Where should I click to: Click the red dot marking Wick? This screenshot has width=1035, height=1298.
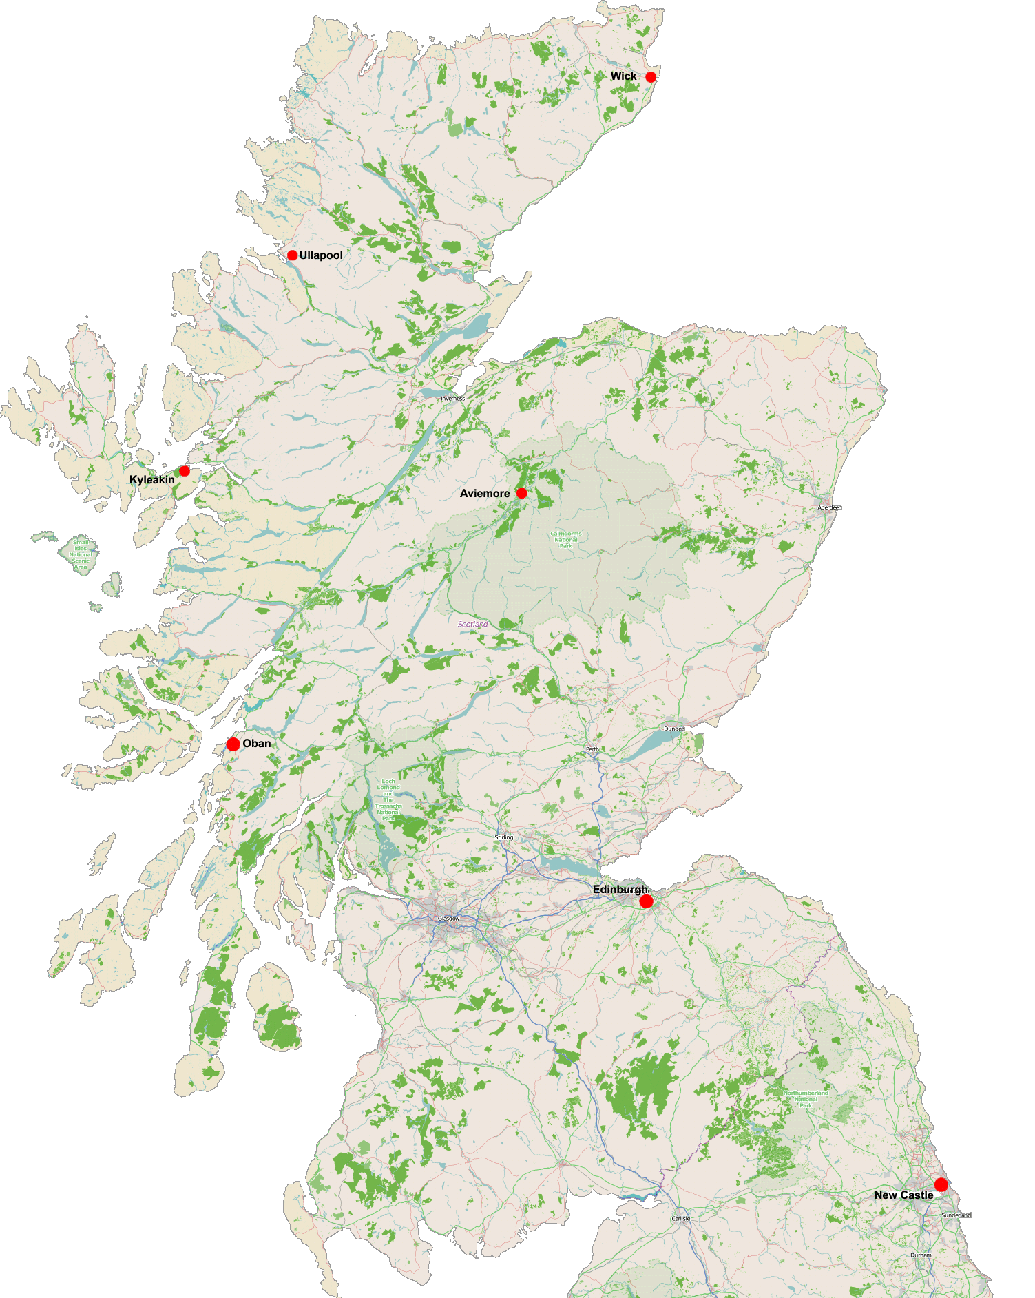click(x=651, y=76)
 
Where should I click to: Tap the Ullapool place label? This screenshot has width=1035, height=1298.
click(x=321, y=255)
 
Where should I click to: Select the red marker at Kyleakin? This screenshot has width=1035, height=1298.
click(x=184, y=471)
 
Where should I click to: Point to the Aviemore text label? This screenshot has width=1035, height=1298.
click(x=485, y=494)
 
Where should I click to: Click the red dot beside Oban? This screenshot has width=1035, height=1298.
click(x=233, y=744)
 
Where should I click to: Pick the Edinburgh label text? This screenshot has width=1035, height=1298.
click(x=619, y=890)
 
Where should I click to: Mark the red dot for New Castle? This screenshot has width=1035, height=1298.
click(x=941, y=1184)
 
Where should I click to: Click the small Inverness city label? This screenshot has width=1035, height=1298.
click(x=453, y=399)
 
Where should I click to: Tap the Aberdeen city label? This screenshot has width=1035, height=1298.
click(x=829, y=507)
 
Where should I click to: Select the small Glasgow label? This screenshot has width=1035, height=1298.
click(x=448, y=919)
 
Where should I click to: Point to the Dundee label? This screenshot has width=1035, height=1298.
click(x=674, y=729)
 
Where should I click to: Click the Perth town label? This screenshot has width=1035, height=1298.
click(x=592, y=749)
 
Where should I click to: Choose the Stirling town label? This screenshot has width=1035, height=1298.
click(x=504, y=837)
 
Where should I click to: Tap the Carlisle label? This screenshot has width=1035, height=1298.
click(x=680, y=1218)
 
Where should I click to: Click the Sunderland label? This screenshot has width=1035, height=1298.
click(x=956, y=1215)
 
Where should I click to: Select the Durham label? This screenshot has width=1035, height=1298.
click(x=921, y=1255)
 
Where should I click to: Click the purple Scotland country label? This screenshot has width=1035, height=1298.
click(x=473, y=625)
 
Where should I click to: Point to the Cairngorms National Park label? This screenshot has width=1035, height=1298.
click(x=566, y=539)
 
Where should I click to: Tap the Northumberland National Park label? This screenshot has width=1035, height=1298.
click(x=806, y=1099)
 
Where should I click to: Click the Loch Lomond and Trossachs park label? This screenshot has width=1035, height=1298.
click(x=388, y=799)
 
